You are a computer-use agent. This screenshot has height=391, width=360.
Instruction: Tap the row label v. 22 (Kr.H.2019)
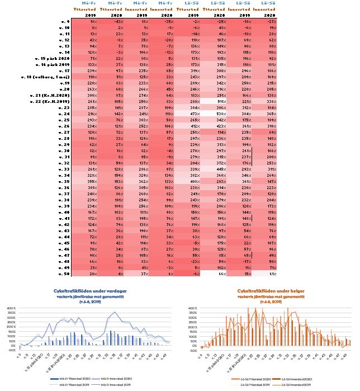coord(49,101)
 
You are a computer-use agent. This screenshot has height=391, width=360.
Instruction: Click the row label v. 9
coord(64,21)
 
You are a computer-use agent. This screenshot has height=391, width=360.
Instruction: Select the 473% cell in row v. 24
coord(195,114)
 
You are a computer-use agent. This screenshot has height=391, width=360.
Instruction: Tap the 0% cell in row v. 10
coord(78,27)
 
